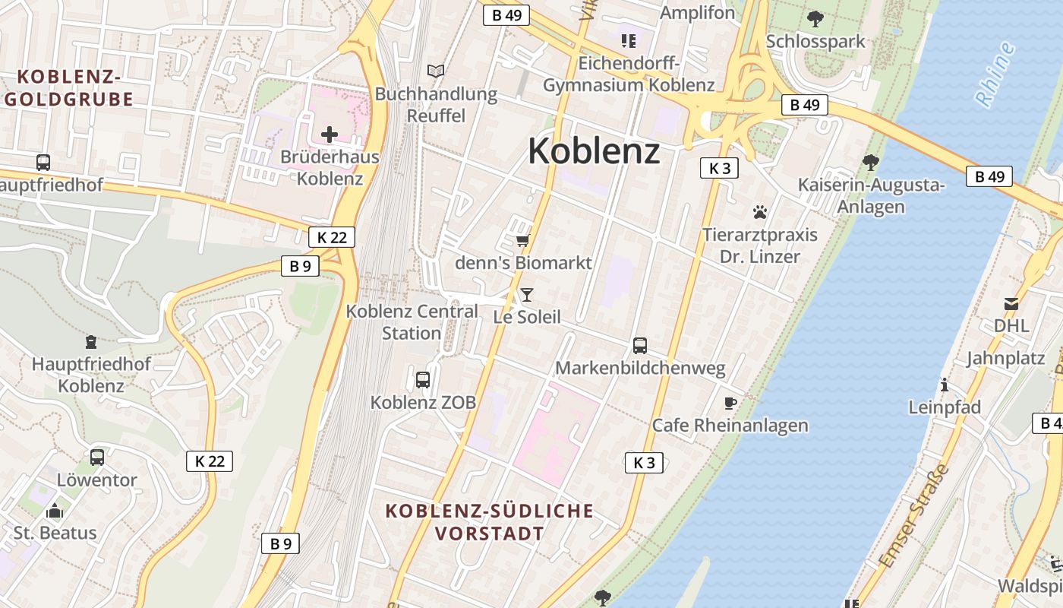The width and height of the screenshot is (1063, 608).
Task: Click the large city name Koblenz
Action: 594,150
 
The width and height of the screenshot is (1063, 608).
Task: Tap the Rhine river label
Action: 995,74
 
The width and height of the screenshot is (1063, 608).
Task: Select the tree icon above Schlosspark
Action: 815,18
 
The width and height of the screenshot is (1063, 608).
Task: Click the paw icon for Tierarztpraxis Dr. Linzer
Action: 759,212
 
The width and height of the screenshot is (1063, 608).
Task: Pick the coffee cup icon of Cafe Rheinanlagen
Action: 730,403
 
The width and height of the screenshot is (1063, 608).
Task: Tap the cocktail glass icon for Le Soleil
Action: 527,294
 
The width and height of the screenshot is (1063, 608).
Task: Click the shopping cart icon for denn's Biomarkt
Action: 522,241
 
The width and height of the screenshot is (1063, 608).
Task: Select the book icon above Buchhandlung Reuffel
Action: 436,71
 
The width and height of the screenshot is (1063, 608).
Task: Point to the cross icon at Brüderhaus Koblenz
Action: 330,135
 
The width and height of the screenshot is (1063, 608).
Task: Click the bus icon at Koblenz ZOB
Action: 423,379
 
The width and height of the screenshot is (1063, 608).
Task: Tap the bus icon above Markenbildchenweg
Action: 640,346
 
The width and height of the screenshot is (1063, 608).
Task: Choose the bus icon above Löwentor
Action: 97,457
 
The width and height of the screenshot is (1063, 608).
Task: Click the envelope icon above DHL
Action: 1011,304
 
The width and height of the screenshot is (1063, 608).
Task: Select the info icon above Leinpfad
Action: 945,385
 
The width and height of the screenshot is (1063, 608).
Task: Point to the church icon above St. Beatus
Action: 55,510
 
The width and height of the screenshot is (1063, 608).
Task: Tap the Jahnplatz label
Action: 1005,358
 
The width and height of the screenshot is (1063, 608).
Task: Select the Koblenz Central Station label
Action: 412,321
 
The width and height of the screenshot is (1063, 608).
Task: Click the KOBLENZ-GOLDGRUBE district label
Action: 69,87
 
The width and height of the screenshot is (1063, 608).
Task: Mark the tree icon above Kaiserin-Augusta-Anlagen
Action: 871,162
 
